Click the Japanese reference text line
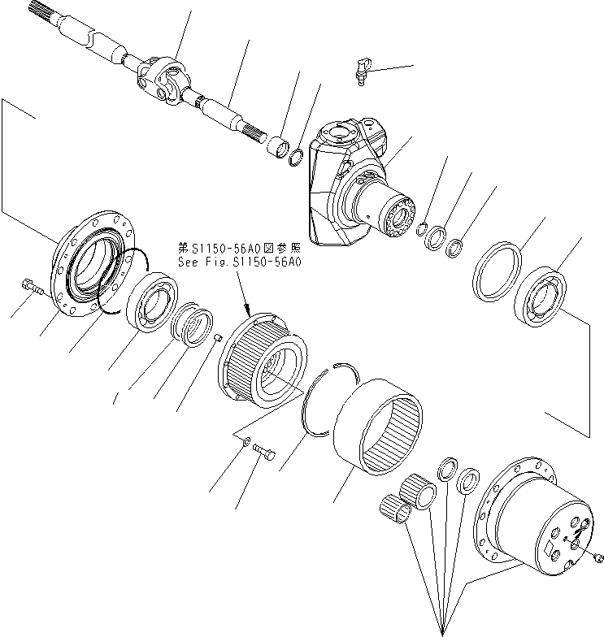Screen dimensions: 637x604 pos(239,248)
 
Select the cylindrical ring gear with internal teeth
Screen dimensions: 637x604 pos(377,426)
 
